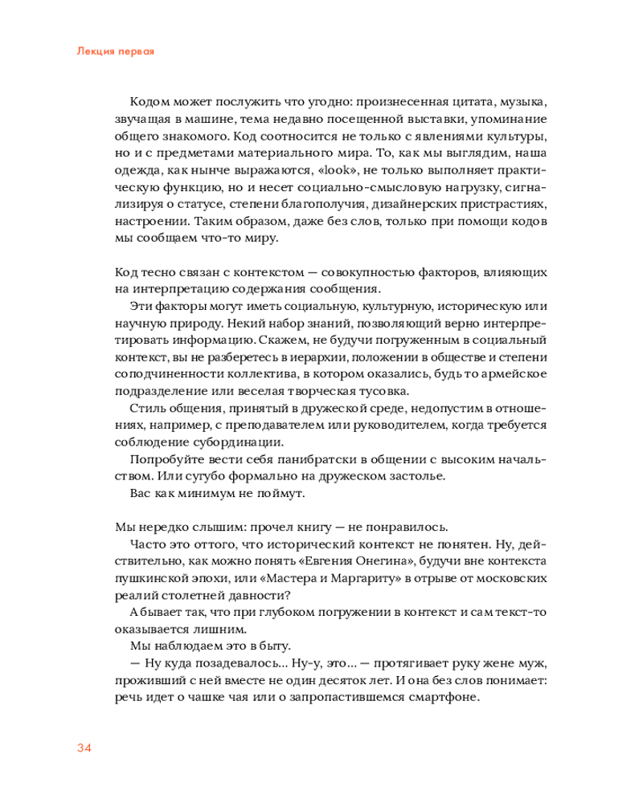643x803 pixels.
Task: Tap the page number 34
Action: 85,749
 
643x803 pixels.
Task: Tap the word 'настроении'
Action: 150,221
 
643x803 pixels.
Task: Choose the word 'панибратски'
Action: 284,459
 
